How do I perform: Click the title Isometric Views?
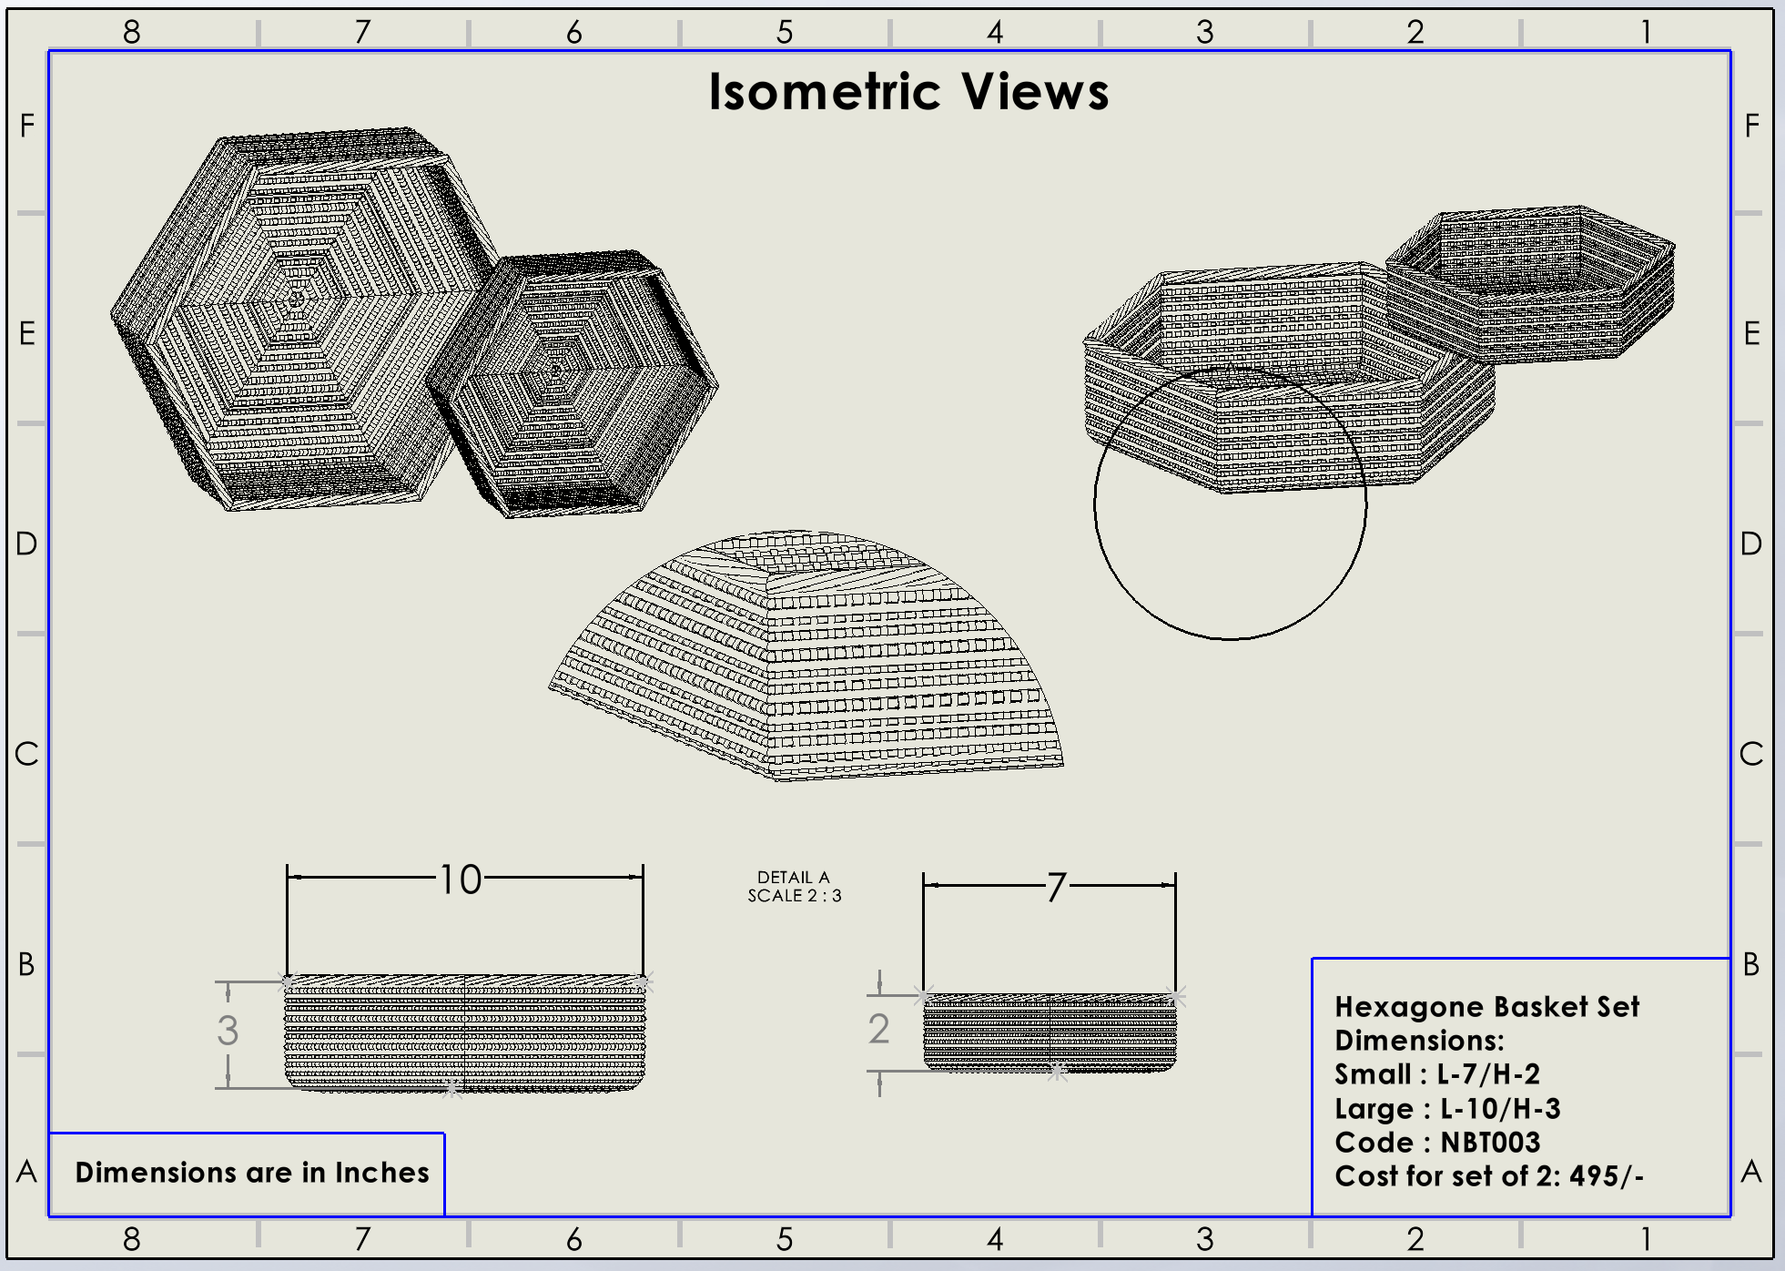[908, 92]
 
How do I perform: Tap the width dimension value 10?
[461, 880]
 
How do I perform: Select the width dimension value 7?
[1055, 887]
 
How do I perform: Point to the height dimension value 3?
[228, 1031]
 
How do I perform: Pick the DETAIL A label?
[794, 877]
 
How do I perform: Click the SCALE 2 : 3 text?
[795, 896]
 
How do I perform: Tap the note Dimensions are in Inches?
[251, 1173]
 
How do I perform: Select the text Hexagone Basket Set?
[1486, 1007]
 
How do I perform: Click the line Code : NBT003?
[1437, 1143]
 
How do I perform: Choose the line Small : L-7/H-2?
[1437, 1074]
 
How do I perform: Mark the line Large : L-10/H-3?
[1447, 1109]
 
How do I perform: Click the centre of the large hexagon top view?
[296, 299]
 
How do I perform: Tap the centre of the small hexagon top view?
[557, 370]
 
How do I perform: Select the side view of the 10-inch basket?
[464, 1033]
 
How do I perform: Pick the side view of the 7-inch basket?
[1050, 1033]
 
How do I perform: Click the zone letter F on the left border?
[27, 126]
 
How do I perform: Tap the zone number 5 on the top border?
[785, 33]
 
